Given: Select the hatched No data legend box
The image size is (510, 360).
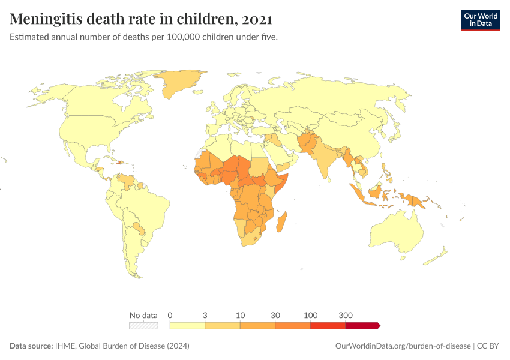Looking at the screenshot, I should (x=143, y=325).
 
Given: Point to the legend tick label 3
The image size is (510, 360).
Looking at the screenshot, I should (x=205, y=315).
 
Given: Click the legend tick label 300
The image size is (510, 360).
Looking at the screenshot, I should (x=346, y=315).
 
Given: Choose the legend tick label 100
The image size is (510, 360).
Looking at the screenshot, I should (x=310, y=315).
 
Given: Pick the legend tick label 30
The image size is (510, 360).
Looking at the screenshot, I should (x=275, y=315).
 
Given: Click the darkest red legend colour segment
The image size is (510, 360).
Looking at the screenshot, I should (x=362, y=325).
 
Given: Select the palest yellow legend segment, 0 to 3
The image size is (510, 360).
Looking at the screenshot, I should (x=188, y=325).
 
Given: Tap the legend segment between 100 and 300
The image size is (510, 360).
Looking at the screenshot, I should (x=328, y=325).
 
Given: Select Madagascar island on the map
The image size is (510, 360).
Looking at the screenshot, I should (x=281, y=221).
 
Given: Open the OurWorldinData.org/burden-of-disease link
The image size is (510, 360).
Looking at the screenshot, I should (x=402, y=346).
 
